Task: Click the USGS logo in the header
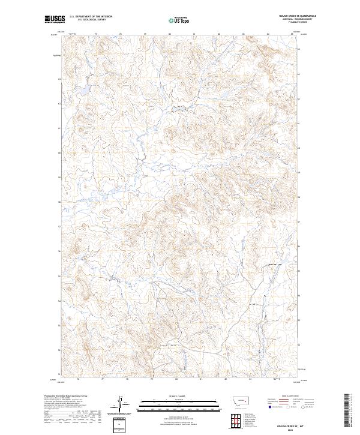55,20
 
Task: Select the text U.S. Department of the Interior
91,17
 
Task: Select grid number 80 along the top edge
170,34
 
